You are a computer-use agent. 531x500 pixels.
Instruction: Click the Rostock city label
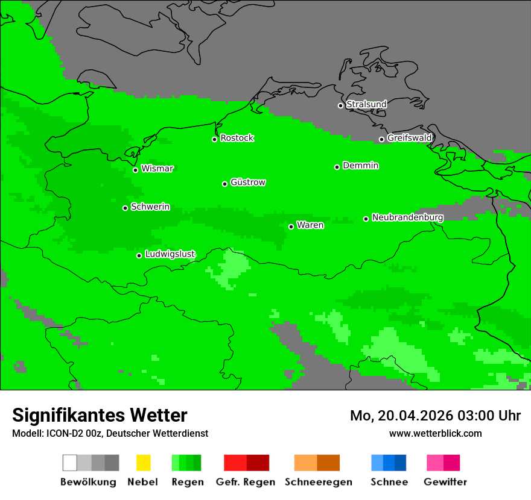click(237, 138)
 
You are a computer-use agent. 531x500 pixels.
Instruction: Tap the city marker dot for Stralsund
click(340, 105)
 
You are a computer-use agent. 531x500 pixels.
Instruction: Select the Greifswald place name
click(409, 138)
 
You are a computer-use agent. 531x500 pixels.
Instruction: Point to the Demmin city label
click(360, 166)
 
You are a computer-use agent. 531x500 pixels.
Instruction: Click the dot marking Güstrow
click(224, 184)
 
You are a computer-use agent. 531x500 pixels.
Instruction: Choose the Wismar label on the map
click(157, 169)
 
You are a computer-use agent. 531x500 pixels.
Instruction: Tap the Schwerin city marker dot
click(125, 208)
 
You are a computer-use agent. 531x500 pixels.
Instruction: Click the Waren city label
click(310, 225)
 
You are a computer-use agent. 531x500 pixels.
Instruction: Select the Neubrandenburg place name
click(407, 217)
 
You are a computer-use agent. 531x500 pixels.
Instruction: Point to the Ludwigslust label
click(170, 254)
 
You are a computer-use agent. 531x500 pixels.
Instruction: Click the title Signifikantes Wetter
click(100, 415)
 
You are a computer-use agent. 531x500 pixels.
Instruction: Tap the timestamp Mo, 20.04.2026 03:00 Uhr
click(435, 416)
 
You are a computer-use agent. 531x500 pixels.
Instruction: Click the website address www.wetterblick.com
click(435, 433)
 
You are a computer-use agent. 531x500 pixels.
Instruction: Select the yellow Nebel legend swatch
click(143, 463)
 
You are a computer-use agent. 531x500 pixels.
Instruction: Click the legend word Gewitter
click(445, 482)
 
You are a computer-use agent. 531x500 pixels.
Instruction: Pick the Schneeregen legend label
click(318, 482)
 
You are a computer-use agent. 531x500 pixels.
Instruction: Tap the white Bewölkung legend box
click(70, 463)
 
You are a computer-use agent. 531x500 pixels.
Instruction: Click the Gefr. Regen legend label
click(245, 482)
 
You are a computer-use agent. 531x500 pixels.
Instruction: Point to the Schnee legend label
click(389, 482)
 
